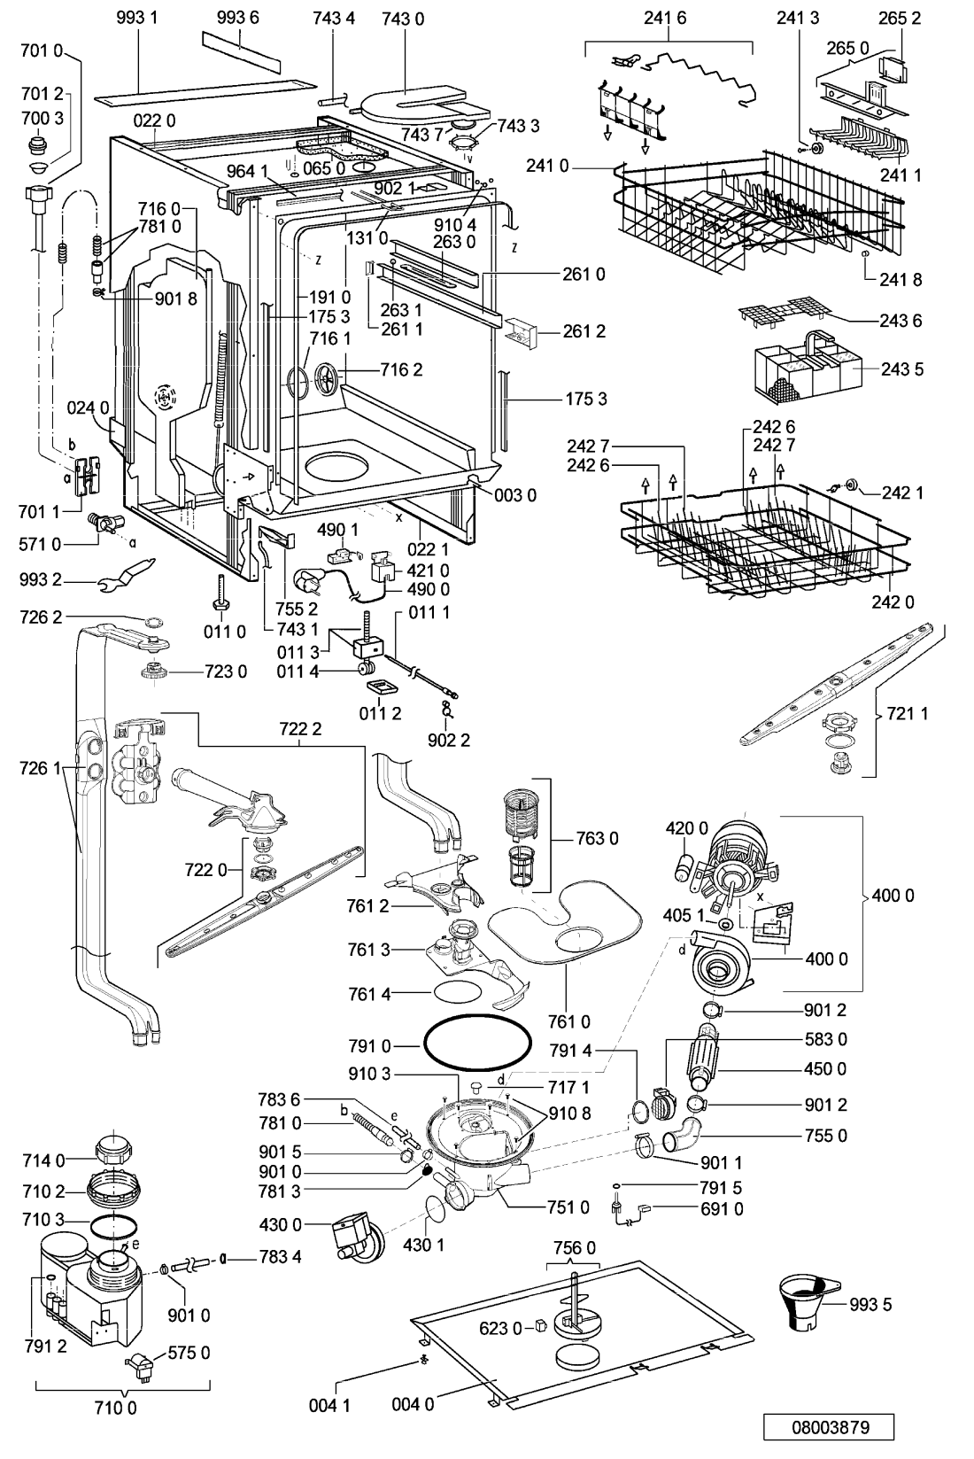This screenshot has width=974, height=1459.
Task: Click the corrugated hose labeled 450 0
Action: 702,1059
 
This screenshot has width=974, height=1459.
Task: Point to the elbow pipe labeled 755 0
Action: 681,1132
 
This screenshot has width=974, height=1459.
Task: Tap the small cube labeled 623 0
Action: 540,1325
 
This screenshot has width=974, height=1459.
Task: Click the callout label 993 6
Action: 237,17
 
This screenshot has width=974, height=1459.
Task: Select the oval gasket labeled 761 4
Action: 458,993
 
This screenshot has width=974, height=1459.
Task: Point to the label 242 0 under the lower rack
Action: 893,601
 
